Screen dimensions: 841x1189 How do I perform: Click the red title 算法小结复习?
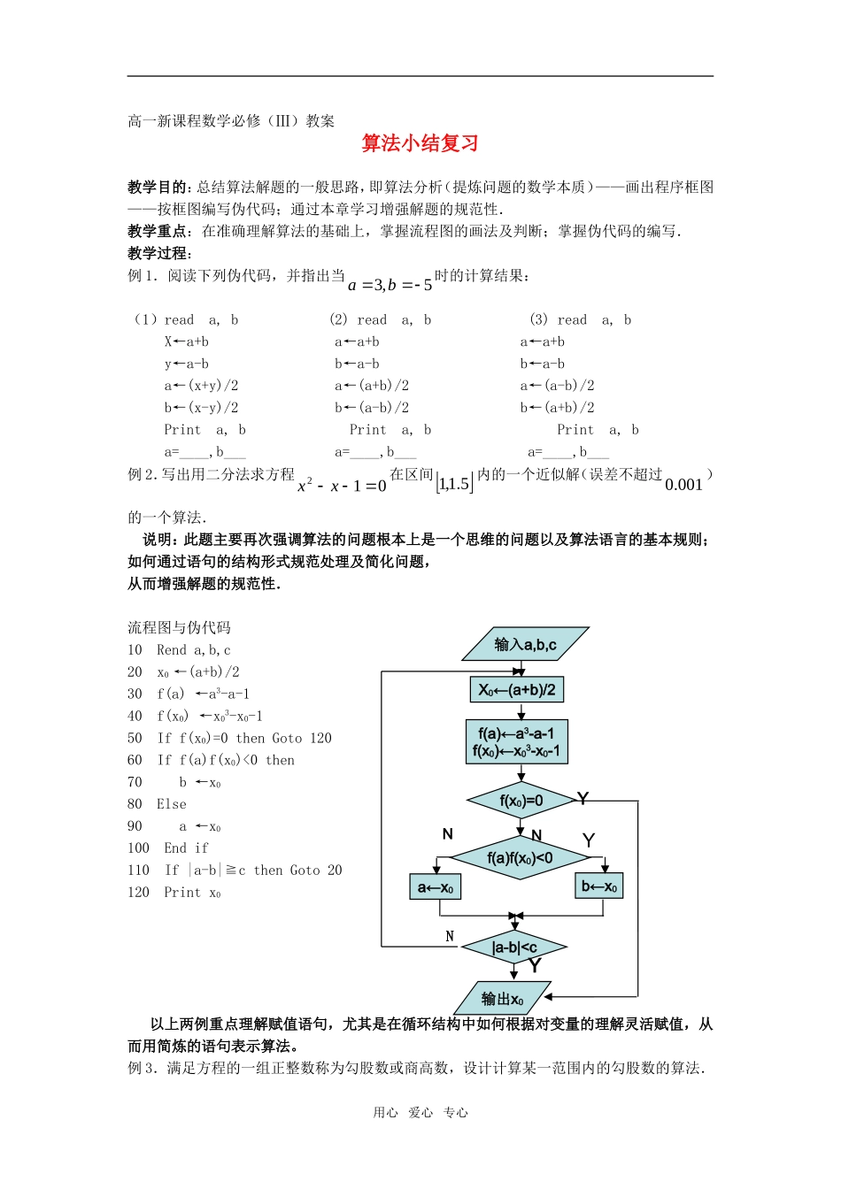click(x=420, y=143)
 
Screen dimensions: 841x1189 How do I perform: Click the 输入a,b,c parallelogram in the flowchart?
click(x=525, y=645)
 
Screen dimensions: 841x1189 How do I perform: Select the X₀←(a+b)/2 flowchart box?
click(x=517, y=690)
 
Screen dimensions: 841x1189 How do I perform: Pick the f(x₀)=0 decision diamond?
click(x=521, y=801)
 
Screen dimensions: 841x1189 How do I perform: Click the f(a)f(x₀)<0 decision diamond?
click(x=520, y=857)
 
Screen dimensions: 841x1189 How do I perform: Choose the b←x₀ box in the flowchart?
click(x=599, y=886)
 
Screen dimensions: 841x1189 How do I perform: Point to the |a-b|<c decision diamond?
click(x=514, y=947)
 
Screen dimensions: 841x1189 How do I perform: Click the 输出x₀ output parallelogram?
click(x=502, y=999)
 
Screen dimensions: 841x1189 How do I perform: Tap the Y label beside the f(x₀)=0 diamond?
click(x=583, y=799)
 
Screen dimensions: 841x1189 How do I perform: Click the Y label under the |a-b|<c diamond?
click(x=535, y=966)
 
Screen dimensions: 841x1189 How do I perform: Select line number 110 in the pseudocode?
click(x=139, y=871)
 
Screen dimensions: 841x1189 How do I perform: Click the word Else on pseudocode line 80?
click(x=172, y=804)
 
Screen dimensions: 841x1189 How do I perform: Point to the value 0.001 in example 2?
click(x=683, y=485)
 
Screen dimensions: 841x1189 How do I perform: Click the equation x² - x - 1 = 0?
click(x=342, y=486)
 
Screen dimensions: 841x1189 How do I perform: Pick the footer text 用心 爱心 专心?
click(x=420, y=1113)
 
